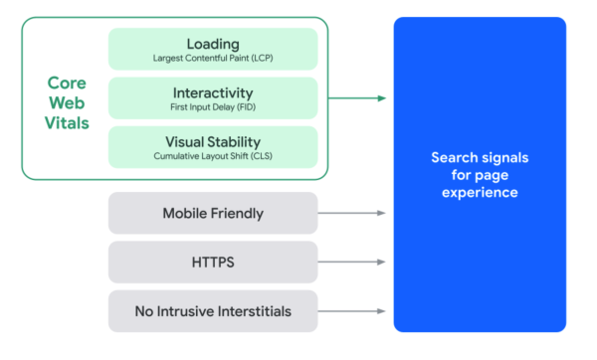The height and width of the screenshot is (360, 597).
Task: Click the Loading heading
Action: [213, 44]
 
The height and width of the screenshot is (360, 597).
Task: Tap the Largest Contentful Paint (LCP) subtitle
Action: [213, 59]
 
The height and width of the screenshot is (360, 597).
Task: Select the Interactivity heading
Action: [213, 92]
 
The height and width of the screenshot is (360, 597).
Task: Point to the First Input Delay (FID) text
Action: [213, 107]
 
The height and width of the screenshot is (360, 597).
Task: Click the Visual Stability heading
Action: [213, 141]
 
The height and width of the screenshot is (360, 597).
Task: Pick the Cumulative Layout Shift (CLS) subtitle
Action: [213, 156]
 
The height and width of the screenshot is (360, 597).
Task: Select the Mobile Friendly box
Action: [213, 213]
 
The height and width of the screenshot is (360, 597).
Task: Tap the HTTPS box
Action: [213, 263]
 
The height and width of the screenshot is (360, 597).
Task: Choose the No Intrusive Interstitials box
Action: [213, 311]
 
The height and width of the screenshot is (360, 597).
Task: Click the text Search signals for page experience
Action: [480, 175]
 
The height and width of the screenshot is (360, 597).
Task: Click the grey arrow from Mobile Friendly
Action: [353, 213]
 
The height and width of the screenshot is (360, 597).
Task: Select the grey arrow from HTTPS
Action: [353, 263]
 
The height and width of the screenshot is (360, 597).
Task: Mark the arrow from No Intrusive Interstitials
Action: [353, 311]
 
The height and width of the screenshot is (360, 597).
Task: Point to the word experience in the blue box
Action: [480, 192]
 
